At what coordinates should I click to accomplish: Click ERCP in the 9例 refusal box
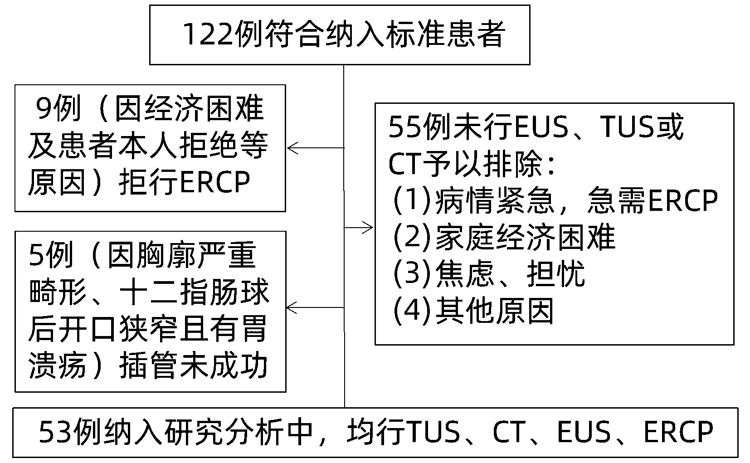coord(215,182)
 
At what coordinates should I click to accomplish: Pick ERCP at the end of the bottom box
coord(678,432)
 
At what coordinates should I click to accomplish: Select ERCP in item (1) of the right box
coord(683,200)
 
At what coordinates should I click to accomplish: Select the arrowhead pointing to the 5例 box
coord(291,308)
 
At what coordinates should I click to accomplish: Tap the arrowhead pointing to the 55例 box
coord(370,227)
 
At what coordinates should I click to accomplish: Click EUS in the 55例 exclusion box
coord(542,128)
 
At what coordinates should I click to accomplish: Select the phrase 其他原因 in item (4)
coord(495,312)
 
